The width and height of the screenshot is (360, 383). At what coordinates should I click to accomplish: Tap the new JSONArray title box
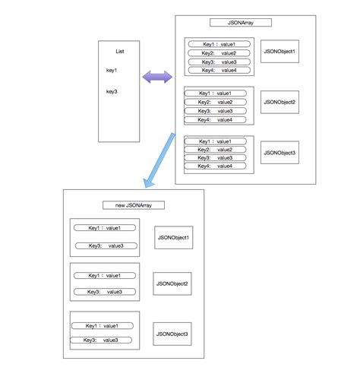tap(133, 205)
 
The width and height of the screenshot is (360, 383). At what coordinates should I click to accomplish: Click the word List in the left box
tap(119, 51)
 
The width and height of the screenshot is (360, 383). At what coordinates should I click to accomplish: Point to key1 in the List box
tap(112, 71)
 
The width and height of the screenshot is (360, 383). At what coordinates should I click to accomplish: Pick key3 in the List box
tap(112, 91)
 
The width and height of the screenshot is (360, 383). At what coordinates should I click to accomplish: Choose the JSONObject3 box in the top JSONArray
tap(279, 152)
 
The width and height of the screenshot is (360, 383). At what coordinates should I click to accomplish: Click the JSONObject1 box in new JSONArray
tap(173, 238)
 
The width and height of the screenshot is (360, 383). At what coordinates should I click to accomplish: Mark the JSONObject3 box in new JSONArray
tap(172, 333)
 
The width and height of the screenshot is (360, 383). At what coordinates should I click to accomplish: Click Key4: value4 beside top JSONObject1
tap(218, 70)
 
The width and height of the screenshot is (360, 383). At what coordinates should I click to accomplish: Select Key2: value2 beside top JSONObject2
tap(218, 102)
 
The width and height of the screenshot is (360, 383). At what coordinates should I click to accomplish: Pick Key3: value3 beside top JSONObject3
tap(218, 157)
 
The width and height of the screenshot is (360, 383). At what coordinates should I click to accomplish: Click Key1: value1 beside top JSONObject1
tap(218, 44)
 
